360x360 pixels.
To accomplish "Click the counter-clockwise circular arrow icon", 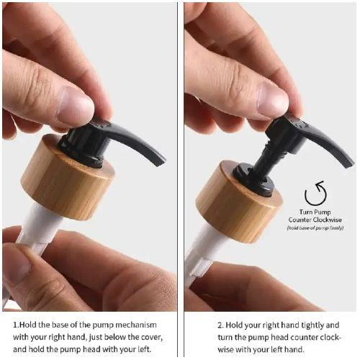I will (315, 194).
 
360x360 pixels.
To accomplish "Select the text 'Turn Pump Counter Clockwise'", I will (315, 217).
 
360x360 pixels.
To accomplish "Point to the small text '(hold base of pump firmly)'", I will (315, 228).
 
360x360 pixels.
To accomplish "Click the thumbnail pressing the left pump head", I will (76, 107).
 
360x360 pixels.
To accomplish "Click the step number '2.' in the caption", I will (199, 324).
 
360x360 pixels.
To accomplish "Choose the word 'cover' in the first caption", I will (151, 337).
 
